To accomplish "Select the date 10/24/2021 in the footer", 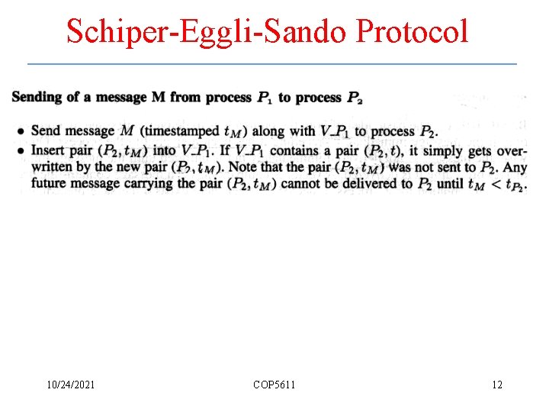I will point(71,385).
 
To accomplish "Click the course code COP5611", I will point(274,385).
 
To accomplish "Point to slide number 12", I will point(496,385).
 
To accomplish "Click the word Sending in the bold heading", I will point(37,98).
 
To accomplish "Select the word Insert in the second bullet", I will point(47,150).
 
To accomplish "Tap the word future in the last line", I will point(51,183).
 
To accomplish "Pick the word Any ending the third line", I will point(515,166).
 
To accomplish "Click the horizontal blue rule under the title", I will point(271,63).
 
